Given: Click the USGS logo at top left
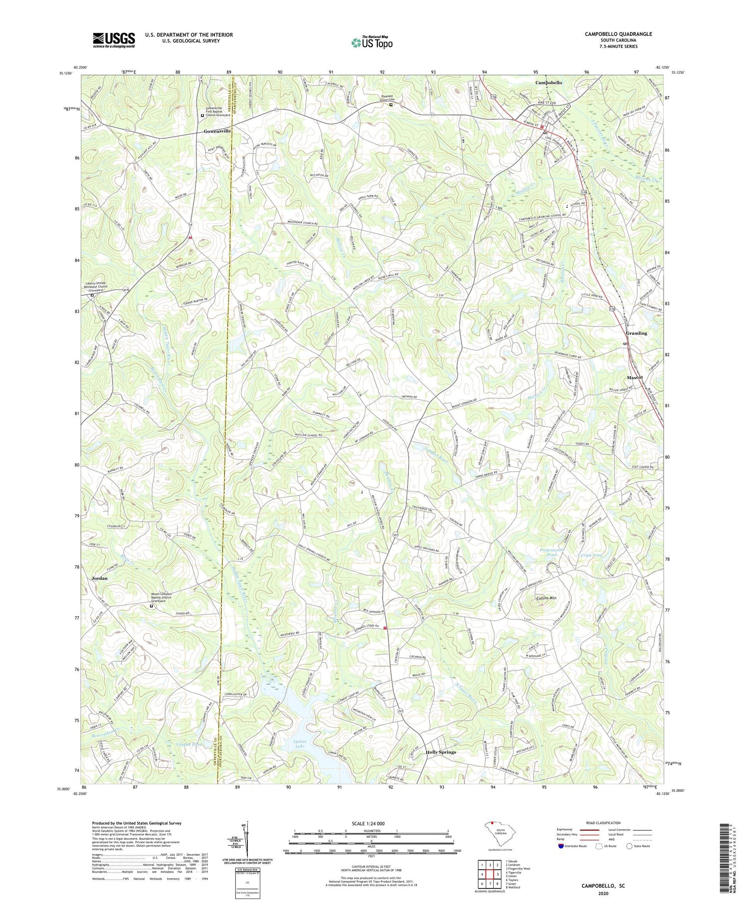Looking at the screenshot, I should tap(114, 40).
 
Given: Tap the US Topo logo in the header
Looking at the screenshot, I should tap(372, 43).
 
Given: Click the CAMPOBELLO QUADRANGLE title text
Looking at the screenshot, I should tap(618, 34).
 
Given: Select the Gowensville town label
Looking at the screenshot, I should tap(217, 131).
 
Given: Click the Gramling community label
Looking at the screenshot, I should tap(636, 333).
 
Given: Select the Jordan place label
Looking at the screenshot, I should tap(100, 578).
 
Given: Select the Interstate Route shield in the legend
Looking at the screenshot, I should tap(561, 846).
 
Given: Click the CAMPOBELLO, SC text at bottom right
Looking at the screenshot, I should tap(603, 886).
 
